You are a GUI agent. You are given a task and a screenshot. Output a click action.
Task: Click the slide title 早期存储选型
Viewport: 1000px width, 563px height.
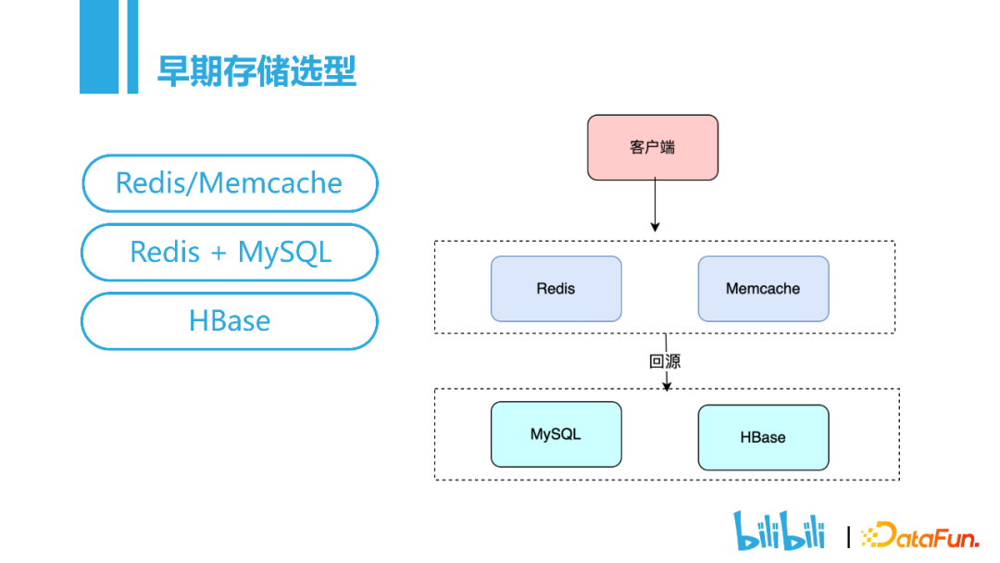tap(256, 70)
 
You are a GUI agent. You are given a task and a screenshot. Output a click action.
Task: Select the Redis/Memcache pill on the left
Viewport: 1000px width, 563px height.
tap(230, 183)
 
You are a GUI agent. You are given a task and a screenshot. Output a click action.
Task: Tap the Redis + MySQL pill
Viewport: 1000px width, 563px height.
tap(230, 252)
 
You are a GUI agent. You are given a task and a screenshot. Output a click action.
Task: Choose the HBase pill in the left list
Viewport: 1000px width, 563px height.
tap(230, 320)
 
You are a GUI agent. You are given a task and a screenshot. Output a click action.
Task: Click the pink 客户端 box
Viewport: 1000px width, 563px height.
tap(653, 147)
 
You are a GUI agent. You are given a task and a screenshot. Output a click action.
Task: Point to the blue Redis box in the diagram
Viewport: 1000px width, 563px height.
tap(556, 289)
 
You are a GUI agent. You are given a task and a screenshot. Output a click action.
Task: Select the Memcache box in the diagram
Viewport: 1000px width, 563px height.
tap(763, 289)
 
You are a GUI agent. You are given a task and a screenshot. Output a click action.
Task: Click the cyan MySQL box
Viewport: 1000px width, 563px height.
tap(556, 434)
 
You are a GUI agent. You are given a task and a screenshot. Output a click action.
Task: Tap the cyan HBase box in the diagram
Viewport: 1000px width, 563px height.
tap(763, 437)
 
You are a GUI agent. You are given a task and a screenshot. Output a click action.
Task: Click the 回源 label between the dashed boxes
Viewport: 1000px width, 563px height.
tap(665, 361)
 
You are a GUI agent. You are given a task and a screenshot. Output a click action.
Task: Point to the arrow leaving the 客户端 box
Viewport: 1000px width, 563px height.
tap(655, 206)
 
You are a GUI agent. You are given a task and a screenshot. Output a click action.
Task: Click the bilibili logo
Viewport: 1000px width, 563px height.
tap(779, 530)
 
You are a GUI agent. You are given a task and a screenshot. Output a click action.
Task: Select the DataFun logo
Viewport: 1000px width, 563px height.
tap(919, 535)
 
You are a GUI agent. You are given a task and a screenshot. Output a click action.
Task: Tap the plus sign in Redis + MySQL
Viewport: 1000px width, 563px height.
tap(219, 253)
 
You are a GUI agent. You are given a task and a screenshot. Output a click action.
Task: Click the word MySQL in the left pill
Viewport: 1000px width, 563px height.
tap(284, 253)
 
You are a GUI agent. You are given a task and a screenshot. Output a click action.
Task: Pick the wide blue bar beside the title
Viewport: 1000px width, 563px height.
tap(99, 46)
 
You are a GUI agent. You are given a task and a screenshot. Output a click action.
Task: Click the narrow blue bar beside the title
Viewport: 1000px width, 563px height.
tap(132, 46)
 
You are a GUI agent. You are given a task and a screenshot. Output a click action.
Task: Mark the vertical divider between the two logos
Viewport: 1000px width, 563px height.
tap(848, 537)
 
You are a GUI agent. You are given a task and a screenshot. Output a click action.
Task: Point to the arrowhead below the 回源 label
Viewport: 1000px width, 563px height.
tap(667, 386)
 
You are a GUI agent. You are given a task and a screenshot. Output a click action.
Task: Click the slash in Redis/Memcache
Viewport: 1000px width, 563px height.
tap(191, 183)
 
